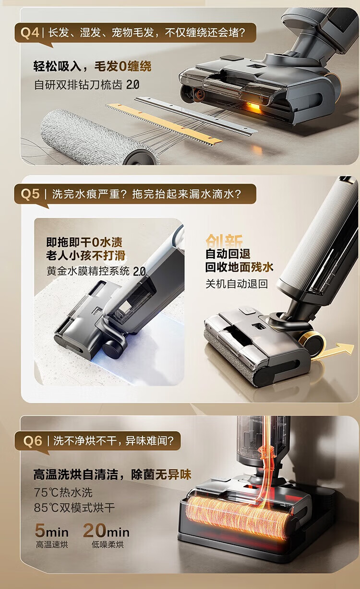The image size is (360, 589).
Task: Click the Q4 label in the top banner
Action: tap(30, 33)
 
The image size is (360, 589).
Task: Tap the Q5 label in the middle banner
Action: tap(30, 194)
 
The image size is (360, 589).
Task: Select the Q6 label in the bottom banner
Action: tap(33, 441)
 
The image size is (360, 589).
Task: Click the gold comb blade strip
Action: tap(163, 124)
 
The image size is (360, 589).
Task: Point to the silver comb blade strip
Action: tap(196, 116)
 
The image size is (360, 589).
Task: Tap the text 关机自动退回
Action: tap(237, 284)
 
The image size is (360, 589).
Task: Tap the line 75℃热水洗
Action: tap(63, 493)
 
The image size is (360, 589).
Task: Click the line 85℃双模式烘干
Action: tap(74, 507)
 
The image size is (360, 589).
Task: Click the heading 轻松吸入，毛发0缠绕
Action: tap(92, 66)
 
